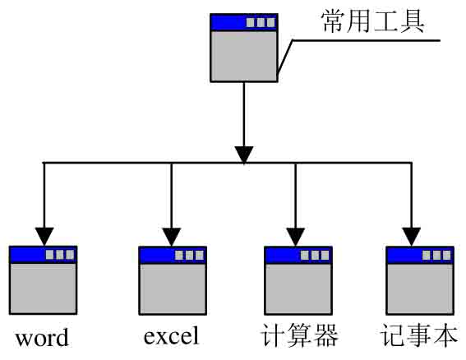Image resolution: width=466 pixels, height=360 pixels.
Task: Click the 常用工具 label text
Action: click(x=372, y=21)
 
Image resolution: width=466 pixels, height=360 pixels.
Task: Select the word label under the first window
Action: click(x=42, y=338)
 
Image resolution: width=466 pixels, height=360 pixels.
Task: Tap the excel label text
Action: click(x=171, y=335)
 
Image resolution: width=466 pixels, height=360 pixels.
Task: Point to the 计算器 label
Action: click(x=299, y=335)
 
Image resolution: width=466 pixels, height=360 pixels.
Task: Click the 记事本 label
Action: click(x=419, y=335)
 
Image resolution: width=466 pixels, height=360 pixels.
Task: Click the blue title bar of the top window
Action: click(x=244, y=22)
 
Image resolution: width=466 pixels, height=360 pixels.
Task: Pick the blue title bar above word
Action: click(x=44, y=255)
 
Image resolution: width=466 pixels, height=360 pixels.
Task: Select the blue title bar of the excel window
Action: click(x=173, y=255)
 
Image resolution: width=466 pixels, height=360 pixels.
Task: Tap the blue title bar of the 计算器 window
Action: click(x=298, y=255)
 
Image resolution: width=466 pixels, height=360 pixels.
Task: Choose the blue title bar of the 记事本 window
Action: click(x=420, y=255)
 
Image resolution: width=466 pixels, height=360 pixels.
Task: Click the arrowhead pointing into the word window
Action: click(x=44, y=237)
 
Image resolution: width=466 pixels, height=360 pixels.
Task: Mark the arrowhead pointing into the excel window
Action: click(x=172, y=237)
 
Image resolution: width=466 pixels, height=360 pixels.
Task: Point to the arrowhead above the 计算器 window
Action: click(x=295, y=237)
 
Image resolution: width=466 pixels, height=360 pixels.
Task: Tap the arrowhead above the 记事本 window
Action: click(x=411, y=237)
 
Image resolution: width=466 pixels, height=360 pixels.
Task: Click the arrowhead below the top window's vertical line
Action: click(x=244, y=155)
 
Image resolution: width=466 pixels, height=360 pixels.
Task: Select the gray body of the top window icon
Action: click(x=244, y=56)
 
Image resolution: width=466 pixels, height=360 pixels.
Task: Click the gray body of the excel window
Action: click(x=173, y=288)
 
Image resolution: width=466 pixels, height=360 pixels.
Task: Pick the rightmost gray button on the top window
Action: click(x=270, y=22)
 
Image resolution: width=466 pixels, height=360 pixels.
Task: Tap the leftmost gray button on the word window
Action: click(x=49, y=255)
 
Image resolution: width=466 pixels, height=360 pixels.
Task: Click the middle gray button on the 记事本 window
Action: click(x=436, y=255)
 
